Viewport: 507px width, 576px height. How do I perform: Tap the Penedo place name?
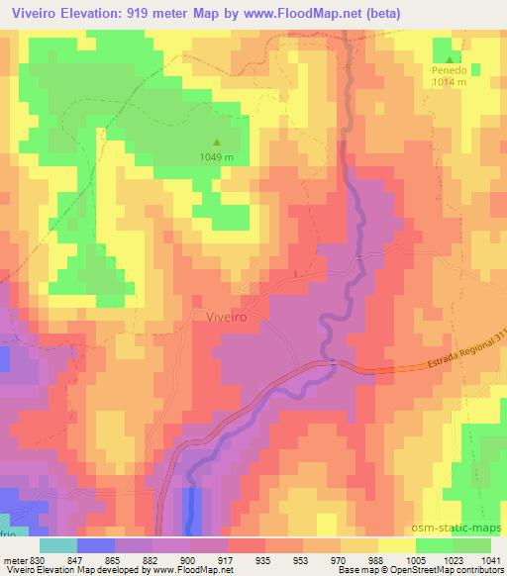448,71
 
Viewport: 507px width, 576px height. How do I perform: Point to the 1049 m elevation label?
217,157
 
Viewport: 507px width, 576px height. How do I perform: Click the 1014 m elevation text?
448,83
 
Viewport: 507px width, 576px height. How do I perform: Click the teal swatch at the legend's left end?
57,545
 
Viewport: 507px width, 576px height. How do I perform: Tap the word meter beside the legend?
16,559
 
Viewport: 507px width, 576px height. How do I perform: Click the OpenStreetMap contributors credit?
436,570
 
